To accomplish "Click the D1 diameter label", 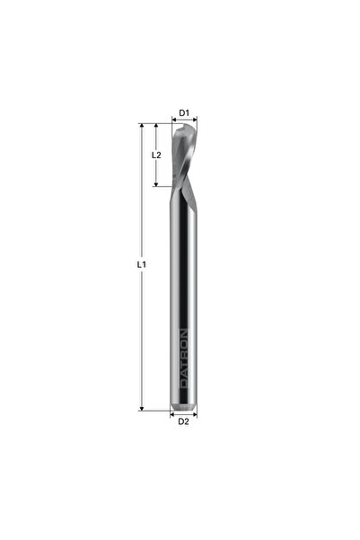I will pos(183,113).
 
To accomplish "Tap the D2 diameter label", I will pos(183,420).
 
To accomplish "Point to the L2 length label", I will pos(155,155).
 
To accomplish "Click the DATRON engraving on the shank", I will pos(184,358).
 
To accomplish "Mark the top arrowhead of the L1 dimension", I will pos(142,126).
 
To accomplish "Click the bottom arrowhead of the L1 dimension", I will pos(142,408).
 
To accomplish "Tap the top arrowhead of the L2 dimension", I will pos(159,126).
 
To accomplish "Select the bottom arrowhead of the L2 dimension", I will pos(159,184).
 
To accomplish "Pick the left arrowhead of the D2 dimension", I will pos(172,414).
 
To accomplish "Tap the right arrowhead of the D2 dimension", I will pos(195,414).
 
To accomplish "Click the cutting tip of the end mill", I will pos(182,127).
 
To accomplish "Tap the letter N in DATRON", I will pos(184,332).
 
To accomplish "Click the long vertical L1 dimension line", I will pos(142,314).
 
